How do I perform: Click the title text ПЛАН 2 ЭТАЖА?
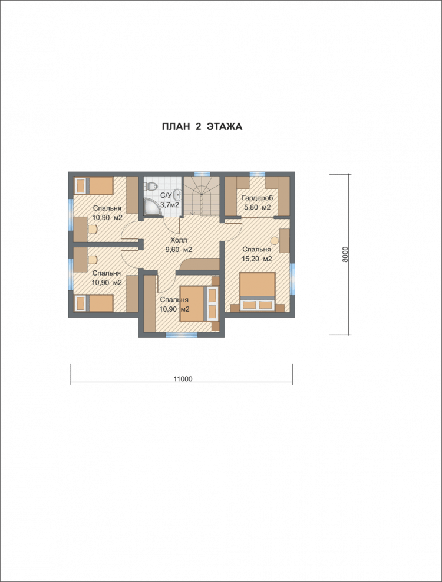(x=202, y=126)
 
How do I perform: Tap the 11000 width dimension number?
(x=183, y=379)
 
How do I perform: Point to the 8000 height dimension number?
(x=345, y=254)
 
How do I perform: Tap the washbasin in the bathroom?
(x=177, y=195)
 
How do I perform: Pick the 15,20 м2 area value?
(x=257, y=259)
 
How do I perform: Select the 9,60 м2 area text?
(x=178, y=250)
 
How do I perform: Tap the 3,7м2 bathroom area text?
(x=170, y=204)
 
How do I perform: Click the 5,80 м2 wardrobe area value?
(x=257, y=208)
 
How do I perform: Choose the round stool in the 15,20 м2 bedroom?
(x=275, y=240)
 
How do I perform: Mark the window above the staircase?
(x=202, y=174)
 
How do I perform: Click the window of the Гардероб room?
(x=257, y=174)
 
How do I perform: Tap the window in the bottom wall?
(x=182, y=335)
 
